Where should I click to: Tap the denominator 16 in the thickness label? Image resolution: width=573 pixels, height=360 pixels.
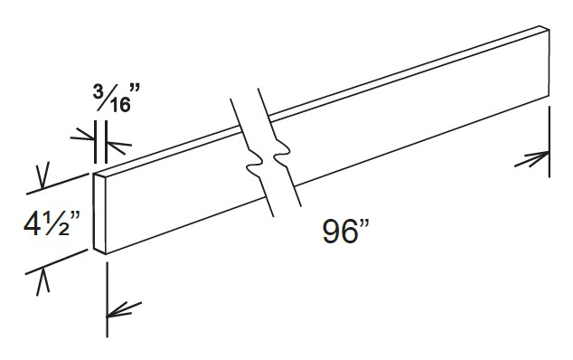[117, 105]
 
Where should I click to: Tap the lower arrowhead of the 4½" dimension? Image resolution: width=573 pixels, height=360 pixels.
[41, 278]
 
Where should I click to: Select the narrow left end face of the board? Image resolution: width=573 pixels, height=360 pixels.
[100, 213]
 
